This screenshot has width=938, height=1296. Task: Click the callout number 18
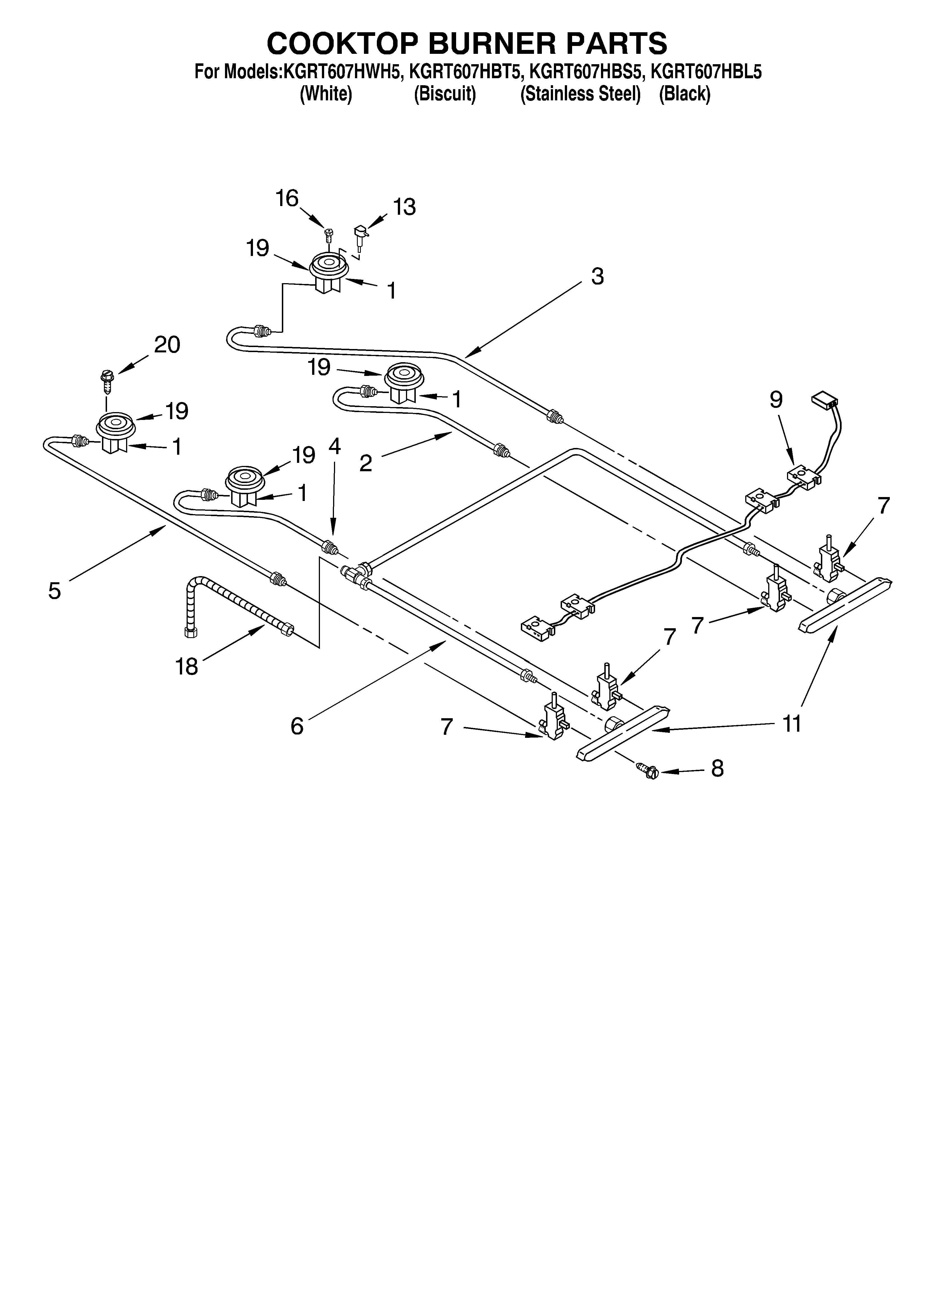coord(187,666)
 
